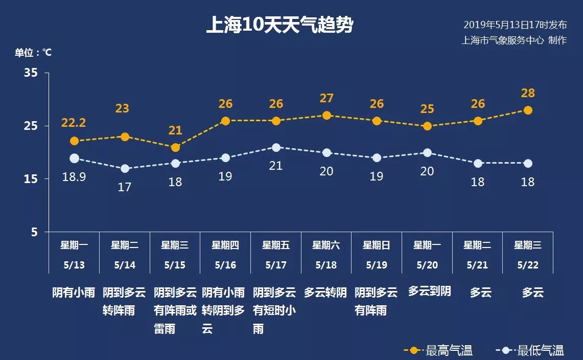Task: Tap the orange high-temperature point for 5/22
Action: [x=528, y=110]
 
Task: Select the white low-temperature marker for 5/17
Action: [x=276, y=147]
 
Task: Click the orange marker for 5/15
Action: [x=175, y=147]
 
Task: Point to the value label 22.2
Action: [x=74, y=123]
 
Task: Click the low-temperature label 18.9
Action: [x=74, y=176]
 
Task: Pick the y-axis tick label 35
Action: [x=31, y=73]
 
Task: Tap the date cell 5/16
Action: [x=225, y=265]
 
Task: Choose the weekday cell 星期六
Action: [x=326, y=245]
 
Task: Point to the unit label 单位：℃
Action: [x=33, y=52]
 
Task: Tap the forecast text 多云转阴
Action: [x=325, y=292]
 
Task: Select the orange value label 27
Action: [x=327, y=98]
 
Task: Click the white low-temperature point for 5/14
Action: [x=125, y=169]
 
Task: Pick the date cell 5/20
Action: [x=427, y=265]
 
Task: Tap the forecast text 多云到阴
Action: [x=430, y=291]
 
